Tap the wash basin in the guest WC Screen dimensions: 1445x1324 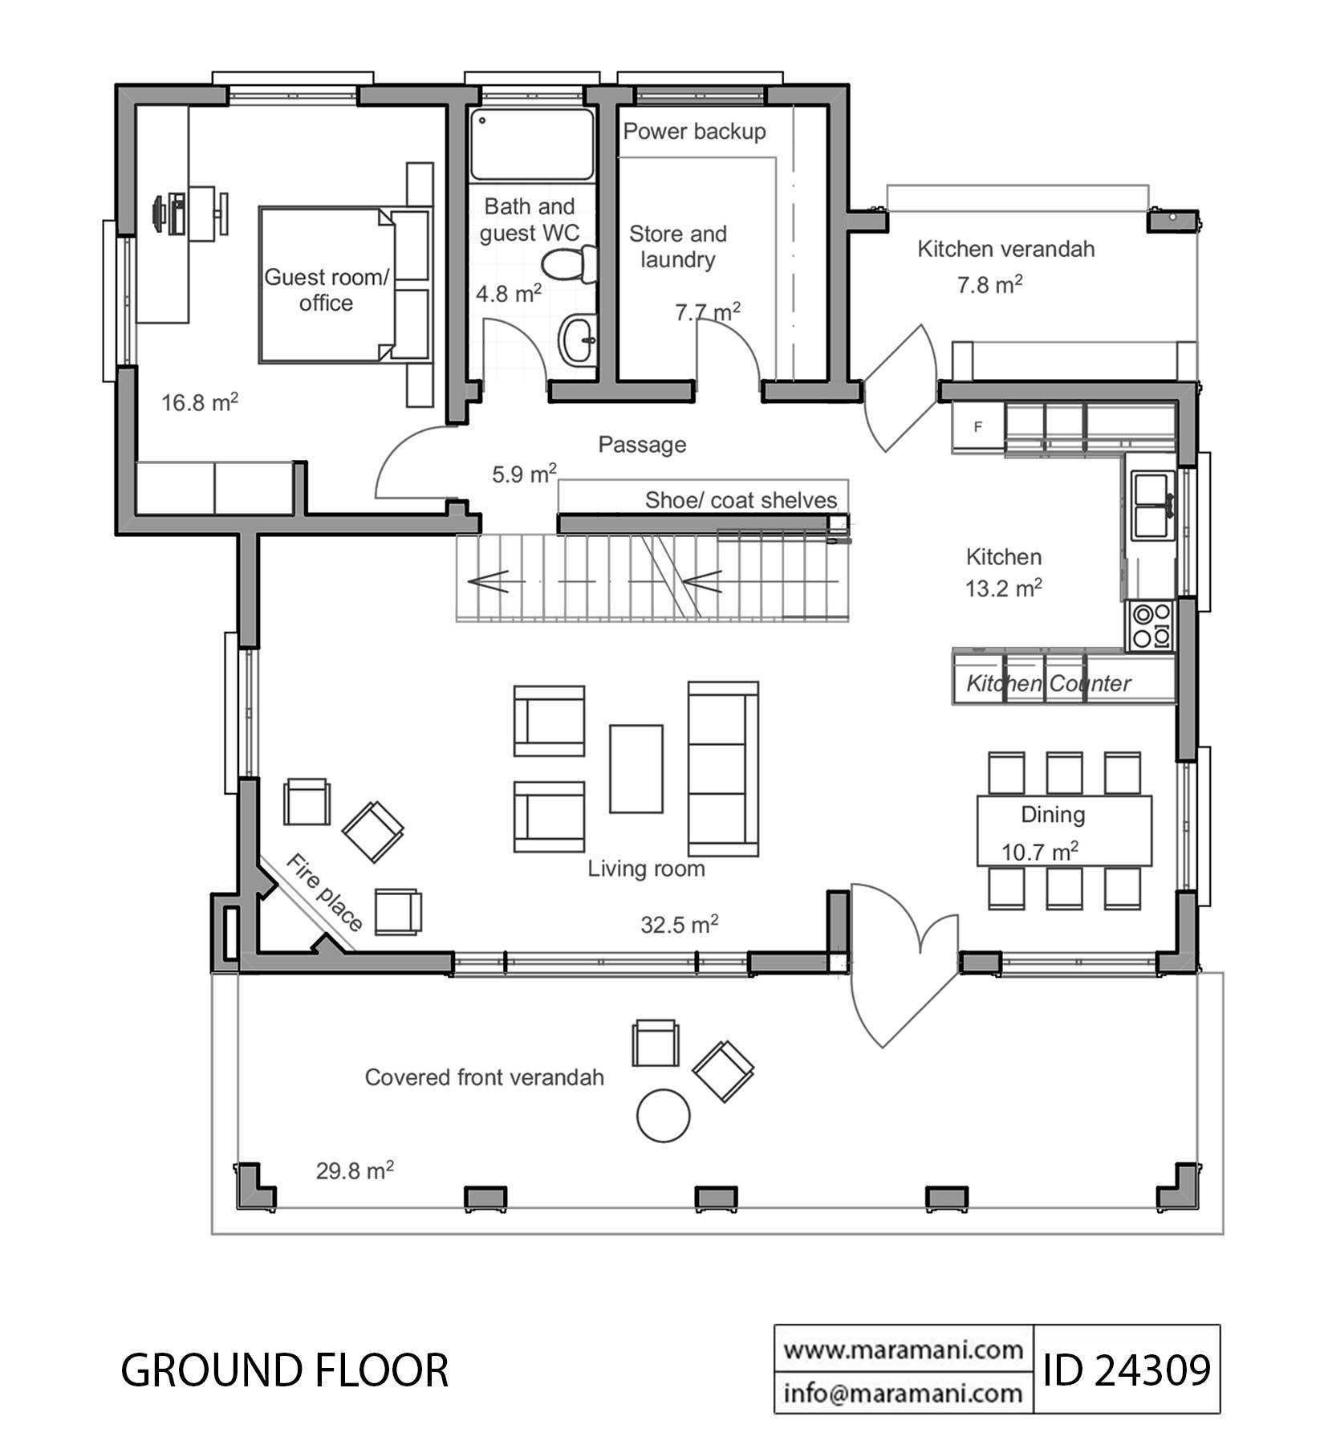coord(578,340)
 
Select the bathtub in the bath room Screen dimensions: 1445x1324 coord(532,144)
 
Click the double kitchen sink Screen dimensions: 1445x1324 coord(1153,506)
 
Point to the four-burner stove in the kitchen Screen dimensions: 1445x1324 coord(1151,626)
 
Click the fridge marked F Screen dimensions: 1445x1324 coord(978,427)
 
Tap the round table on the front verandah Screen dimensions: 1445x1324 coord(663,1115)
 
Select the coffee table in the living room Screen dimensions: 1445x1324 coord(636,769)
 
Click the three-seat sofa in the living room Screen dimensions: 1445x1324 coord(723,769)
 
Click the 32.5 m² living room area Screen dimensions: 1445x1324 coord(679,926)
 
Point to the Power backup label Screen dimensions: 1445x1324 coord(694,132)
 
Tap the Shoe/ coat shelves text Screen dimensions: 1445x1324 coord(741,501)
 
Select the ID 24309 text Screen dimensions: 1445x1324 coord(1126,1370)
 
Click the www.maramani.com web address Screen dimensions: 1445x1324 coord(903,1350)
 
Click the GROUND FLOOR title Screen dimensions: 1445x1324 coord(284,1370)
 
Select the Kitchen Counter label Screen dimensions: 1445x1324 coord(1048,684)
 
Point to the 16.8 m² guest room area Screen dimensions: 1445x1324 coord(200,402)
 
